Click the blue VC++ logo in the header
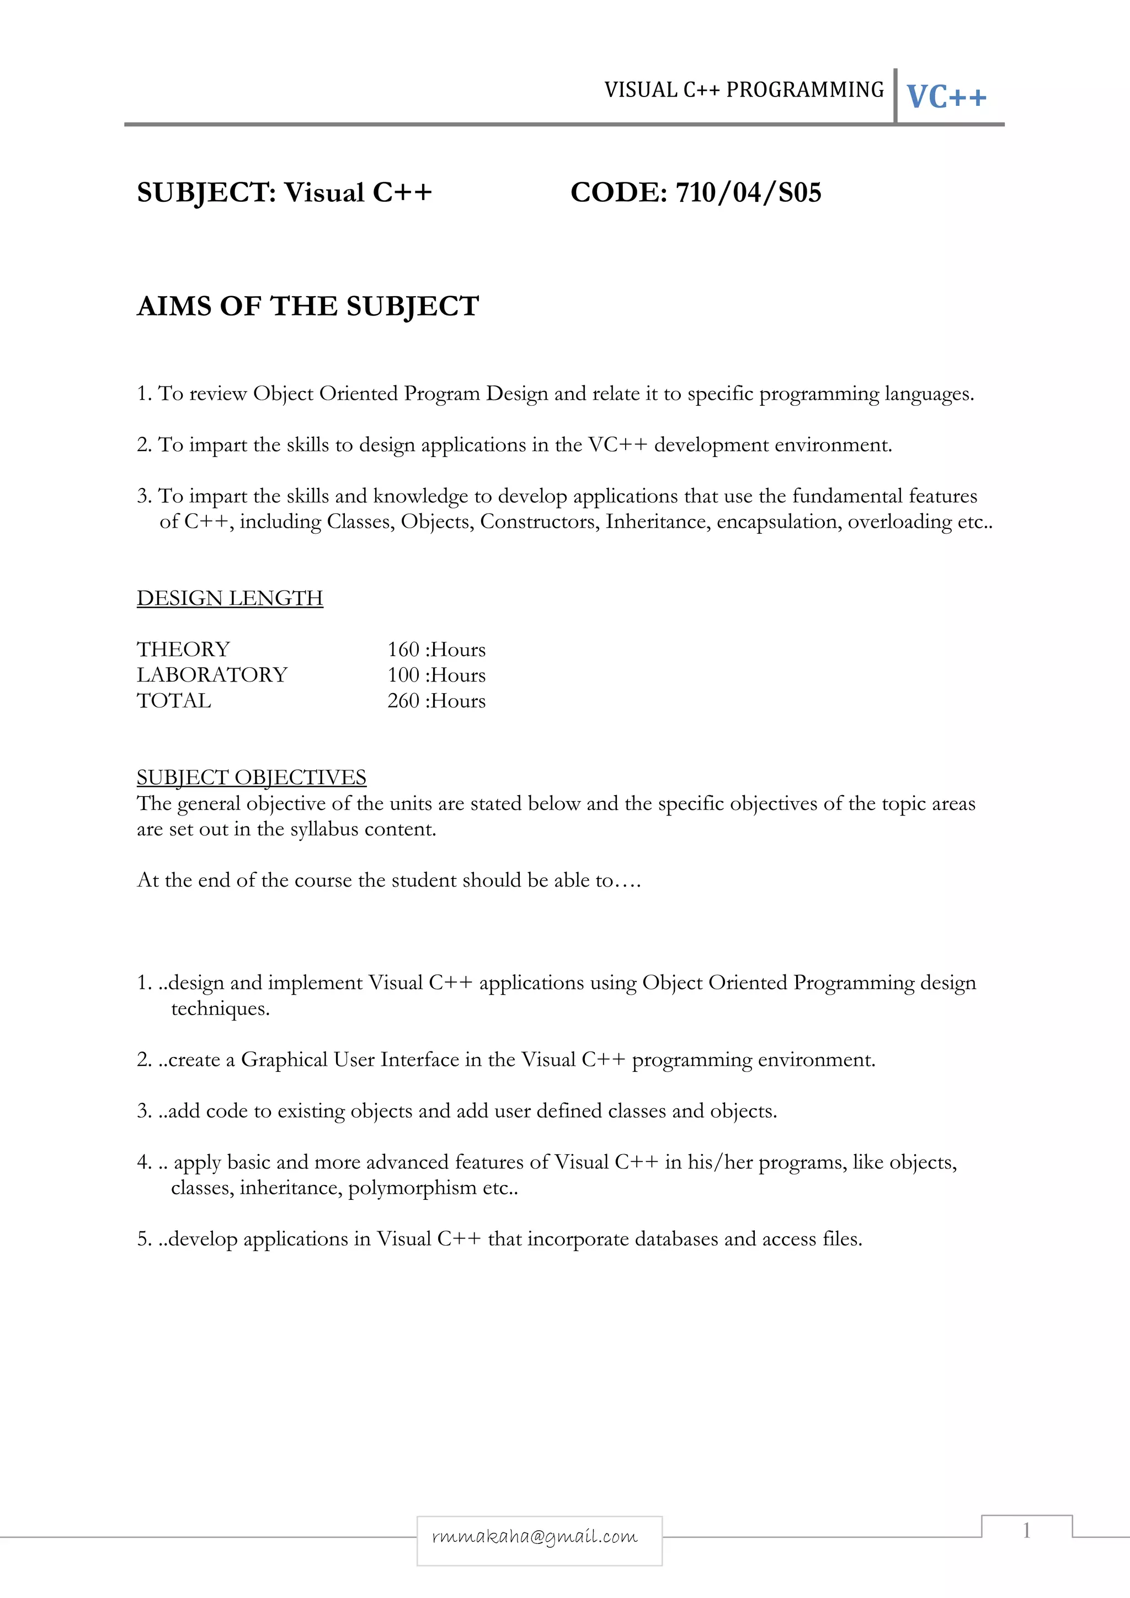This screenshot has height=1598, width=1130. coord(946,96)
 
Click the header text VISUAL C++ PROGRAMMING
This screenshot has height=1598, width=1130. coord(744,90)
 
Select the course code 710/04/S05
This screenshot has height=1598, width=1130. coord(749,193)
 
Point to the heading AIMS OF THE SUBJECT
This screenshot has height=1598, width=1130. coord(308,306)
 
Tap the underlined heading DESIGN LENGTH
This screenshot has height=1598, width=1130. coord(230,598)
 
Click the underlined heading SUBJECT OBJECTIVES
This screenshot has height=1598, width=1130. coord(252,777)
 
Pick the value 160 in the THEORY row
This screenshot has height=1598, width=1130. coord(403,650)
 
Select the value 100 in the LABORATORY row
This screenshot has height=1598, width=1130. coord(403,675)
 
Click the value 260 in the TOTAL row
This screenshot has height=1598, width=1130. coord(403,701)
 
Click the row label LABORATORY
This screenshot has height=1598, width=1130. coord(212,675)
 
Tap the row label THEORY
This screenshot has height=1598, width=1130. coord(183,650)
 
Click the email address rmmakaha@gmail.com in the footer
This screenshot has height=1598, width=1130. coord(535,1536)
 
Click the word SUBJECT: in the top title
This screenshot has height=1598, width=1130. coord(206,193)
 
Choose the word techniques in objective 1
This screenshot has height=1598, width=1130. coord(220,1009)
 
